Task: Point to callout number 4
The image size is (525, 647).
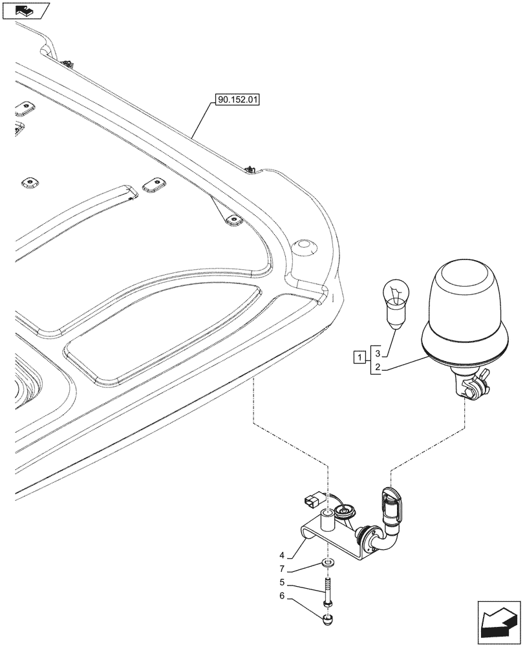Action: point(282,554)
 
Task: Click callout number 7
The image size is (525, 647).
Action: point(282,569)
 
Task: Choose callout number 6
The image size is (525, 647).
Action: point(282,597)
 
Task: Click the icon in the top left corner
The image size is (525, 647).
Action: point(26,11)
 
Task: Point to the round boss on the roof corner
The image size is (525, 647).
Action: point(303,247)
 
